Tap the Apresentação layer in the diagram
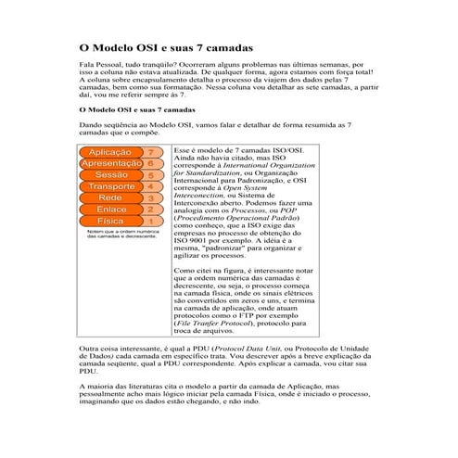[x=111, y=163]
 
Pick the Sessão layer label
[x=111, y=174]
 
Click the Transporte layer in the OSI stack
[x=111, y=186]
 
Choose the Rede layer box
[x=110, y=198]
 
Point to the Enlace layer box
[x=111, y=210]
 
